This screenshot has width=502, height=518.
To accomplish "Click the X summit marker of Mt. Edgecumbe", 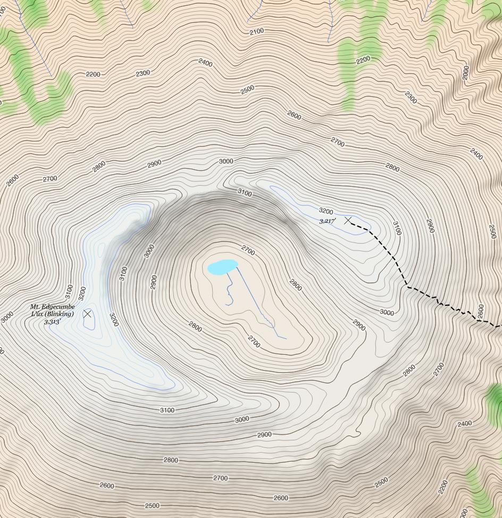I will (87, 314).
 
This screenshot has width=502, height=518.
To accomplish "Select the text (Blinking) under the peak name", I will (60, 314).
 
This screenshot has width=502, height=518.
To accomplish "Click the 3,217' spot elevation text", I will (328, 221).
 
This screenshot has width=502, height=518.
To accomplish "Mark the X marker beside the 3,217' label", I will (348, 220).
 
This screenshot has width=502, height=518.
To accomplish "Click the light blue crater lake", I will (223, 266).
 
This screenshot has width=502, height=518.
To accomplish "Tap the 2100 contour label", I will (256, 32).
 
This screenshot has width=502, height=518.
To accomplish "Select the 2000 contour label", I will (466, 72).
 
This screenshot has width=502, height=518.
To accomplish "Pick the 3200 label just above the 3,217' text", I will (325, 212).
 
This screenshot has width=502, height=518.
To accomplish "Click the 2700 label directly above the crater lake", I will (248, 249).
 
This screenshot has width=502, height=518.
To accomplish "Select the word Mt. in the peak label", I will (35, 307).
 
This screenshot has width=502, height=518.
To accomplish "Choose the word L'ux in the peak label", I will (38, 314).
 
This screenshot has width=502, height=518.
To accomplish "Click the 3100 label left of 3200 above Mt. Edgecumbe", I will (69, 291).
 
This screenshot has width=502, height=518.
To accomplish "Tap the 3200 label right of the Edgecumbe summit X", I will (113, 319).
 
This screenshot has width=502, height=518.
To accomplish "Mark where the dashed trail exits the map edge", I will (499, 325).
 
